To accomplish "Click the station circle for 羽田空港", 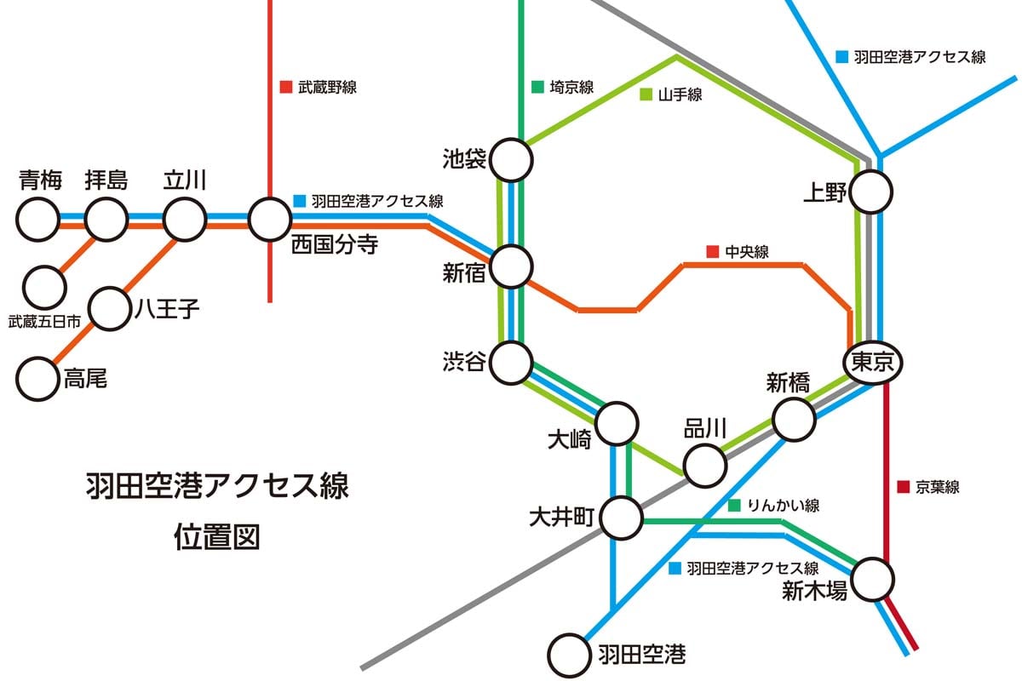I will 569,655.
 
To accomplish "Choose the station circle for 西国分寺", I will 269,220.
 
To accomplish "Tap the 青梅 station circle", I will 39,220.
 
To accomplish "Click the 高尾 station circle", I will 39,379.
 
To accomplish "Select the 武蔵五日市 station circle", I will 44,288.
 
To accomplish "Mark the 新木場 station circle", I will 874,580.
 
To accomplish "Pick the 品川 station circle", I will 705,465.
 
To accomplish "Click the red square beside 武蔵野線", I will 286,87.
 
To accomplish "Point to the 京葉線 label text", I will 938,488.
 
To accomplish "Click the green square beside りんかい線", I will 734,506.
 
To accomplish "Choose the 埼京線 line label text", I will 571,87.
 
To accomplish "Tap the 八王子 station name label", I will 167,307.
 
